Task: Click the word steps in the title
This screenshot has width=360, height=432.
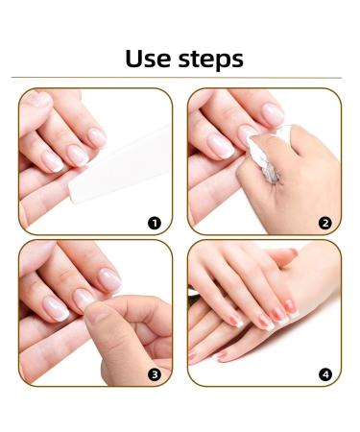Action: [208, 60]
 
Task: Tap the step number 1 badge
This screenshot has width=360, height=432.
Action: [153, 223]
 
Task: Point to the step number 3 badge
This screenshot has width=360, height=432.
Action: [153, 372]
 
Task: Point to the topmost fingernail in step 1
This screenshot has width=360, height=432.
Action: [37, 99]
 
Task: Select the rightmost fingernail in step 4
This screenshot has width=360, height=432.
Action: [290, 307]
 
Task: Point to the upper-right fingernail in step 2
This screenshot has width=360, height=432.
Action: [273, 113]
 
